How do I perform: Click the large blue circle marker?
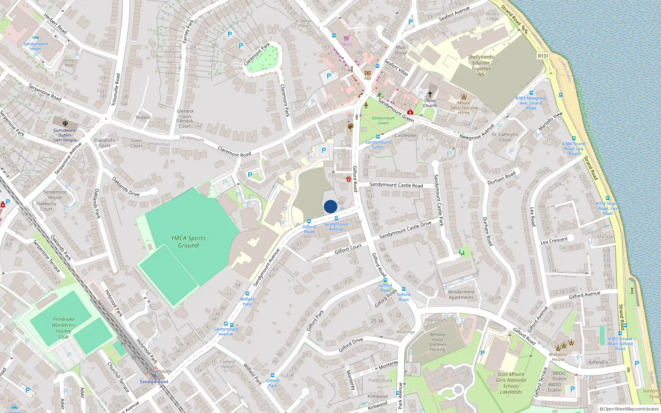[330, 206]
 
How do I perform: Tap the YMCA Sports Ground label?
[188, 242]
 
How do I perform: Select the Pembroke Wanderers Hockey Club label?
[64, 328]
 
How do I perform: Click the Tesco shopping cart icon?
[346, 38]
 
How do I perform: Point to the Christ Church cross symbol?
[430, 94]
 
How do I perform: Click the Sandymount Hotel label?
[36, 46]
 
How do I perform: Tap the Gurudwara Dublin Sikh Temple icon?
[65, 123]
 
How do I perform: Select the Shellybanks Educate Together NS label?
[481, 66]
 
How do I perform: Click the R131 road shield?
[543, 56]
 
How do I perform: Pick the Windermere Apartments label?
[461, 294]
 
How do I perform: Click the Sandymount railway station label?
[154, 382]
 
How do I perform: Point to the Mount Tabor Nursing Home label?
[464, 108]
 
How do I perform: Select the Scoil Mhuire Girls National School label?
[511, 383]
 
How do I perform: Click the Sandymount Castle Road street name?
[396, 185]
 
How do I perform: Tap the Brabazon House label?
[558, 357]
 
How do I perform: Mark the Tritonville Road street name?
[117, 90]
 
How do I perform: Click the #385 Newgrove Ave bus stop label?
[531, 103]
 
